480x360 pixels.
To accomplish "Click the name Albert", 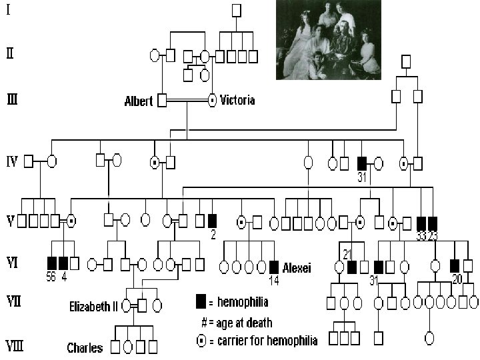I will tap(138, 101).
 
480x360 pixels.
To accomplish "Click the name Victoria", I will tap(237, 101).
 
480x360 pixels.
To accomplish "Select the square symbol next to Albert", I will tap(162, 101).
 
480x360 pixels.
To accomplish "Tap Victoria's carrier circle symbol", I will tap(213, 101).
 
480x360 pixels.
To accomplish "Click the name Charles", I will tap(85, 347).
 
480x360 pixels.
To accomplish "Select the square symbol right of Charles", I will tap(115, 347).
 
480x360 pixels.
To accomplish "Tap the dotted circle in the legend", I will tap(201, 341).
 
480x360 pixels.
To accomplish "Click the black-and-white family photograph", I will tap(328, 40).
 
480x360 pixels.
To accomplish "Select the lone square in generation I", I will tap(237, 11).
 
